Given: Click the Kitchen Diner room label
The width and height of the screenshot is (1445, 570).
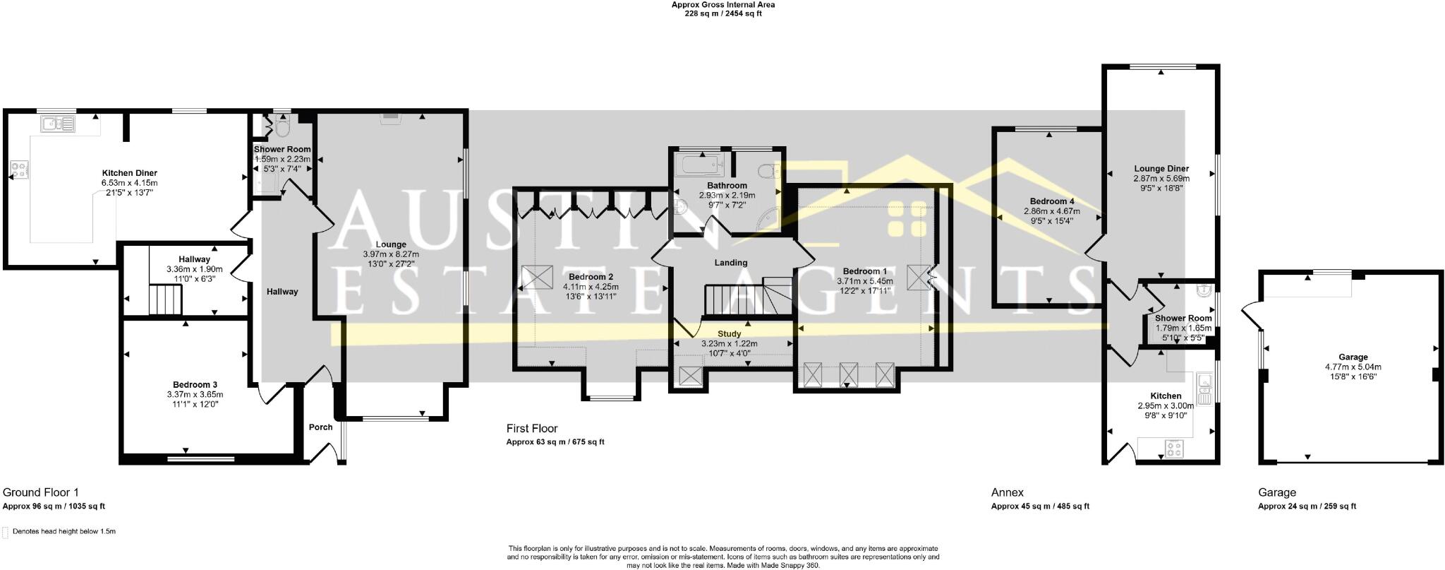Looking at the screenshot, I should (x=129, y=173).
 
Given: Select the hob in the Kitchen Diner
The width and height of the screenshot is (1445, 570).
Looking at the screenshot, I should (x=18, y=170).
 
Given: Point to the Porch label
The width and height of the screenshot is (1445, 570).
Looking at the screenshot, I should (x=320, y=427).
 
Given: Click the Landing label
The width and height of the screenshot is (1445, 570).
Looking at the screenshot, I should (x=730, y=263).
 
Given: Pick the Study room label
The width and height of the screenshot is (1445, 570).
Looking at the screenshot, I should (x=729, y=334).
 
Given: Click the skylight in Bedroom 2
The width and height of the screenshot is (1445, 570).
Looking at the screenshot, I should (x=538, y=277).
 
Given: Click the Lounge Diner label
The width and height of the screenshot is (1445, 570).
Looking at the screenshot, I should (x=1161, y=169).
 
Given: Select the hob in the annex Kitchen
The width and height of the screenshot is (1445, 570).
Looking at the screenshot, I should (x=1175, y=448).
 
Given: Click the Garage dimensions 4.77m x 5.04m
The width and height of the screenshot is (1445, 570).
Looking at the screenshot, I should (x=1353, y=367).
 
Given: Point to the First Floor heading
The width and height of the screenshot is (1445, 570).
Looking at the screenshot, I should (x=531, y=429).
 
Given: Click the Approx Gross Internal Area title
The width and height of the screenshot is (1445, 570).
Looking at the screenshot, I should (x=722, y=4).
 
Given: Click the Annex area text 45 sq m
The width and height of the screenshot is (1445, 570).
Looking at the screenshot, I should (x=1040, y=506).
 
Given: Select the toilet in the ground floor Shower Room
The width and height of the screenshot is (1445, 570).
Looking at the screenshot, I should (x=283, y=129).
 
